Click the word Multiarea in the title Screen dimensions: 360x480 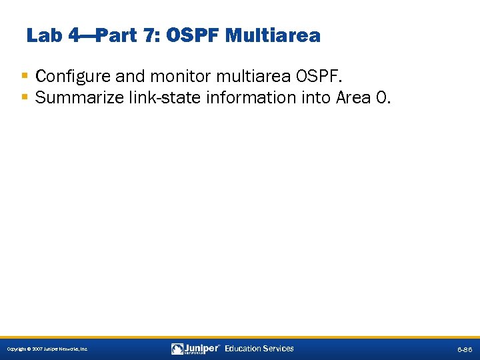(273, 35)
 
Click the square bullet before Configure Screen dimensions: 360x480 (25, 75)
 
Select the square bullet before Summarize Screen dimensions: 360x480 (25, 97)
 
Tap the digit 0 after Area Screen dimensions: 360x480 (380, 98)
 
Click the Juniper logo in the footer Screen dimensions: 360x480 (195, 349)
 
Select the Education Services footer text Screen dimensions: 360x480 (259, 349)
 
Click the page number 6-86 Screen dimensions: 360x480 (464, 349)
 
